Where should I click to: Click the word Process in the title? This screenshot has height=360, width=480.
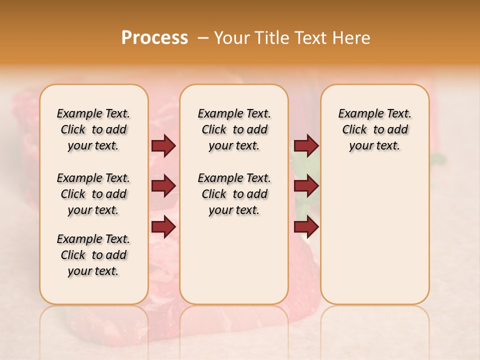(154, 38)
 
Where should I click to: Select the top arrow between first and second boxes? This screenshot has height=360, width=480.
(163, 145)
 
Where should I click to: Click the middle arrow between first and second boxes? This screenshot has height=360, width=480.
(163, 186)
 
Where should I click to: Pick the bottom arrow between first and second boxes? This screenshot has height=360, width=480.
(163, 226)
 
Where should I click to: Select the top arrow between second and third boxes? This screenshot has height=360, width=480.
(306, 145)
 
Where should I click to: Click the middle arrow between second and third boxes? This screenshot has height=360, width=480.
(306, 186)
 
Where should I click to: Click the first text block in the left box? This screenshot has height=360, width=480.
(93, 129)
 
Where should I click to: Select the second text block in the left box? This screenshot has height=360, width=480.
(93, 194)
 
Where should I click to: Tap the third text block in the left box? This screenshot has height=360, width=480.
(93, 255)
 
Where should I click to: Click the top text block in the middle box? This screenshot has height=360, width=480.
(234, 129)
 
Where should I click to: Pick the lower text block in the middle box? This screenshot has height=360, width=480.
(234, 194)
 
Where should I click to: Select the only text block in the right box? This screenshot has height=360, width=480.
(374, 129)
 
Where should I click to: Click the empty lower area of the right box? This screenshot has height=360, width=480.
(374, 240)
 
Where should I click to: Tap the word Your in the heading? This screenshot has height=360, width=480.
(230, 38)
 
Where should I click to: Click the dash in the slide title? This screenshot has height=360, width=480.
(202, 38)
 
